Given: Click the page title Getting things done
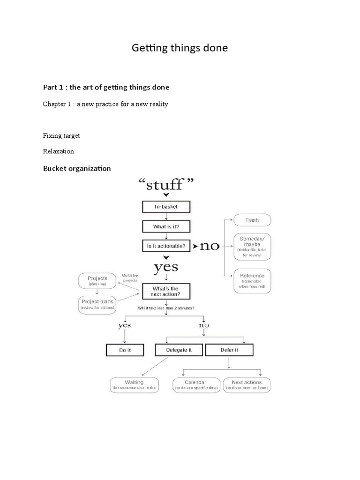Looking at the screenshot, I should pyautogui.click(x=180, y=48).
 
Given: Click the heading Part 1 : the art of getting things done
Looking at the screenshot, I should pyautogui.click(x=106, y=87).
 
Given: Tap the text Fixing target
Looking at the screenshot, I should pyautogui.click(x=61, y=135).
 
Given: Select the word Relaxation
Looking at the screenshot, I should pyautogui.click(x=59, y=151).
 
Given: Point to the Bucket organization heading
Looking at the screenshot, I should pyautogui.click(x=77, y=168).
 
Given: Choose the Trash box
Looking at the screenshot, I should pyautogui.click(x=252, y=220).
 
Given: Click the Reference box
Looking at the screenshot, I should pyautogui.click(x=252, y=280).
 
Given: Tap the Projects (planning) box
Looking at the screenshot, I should pyautogui.click(x=98, y=281).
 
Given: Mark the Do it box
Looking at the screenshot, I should pyautogui.click(x=125, y=350).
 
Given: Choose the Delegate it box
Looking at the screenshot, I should pyautogui.click(x=179, y=350).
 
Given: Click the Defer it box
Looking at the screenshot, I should pyautogui.click(x=229, y=350).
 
